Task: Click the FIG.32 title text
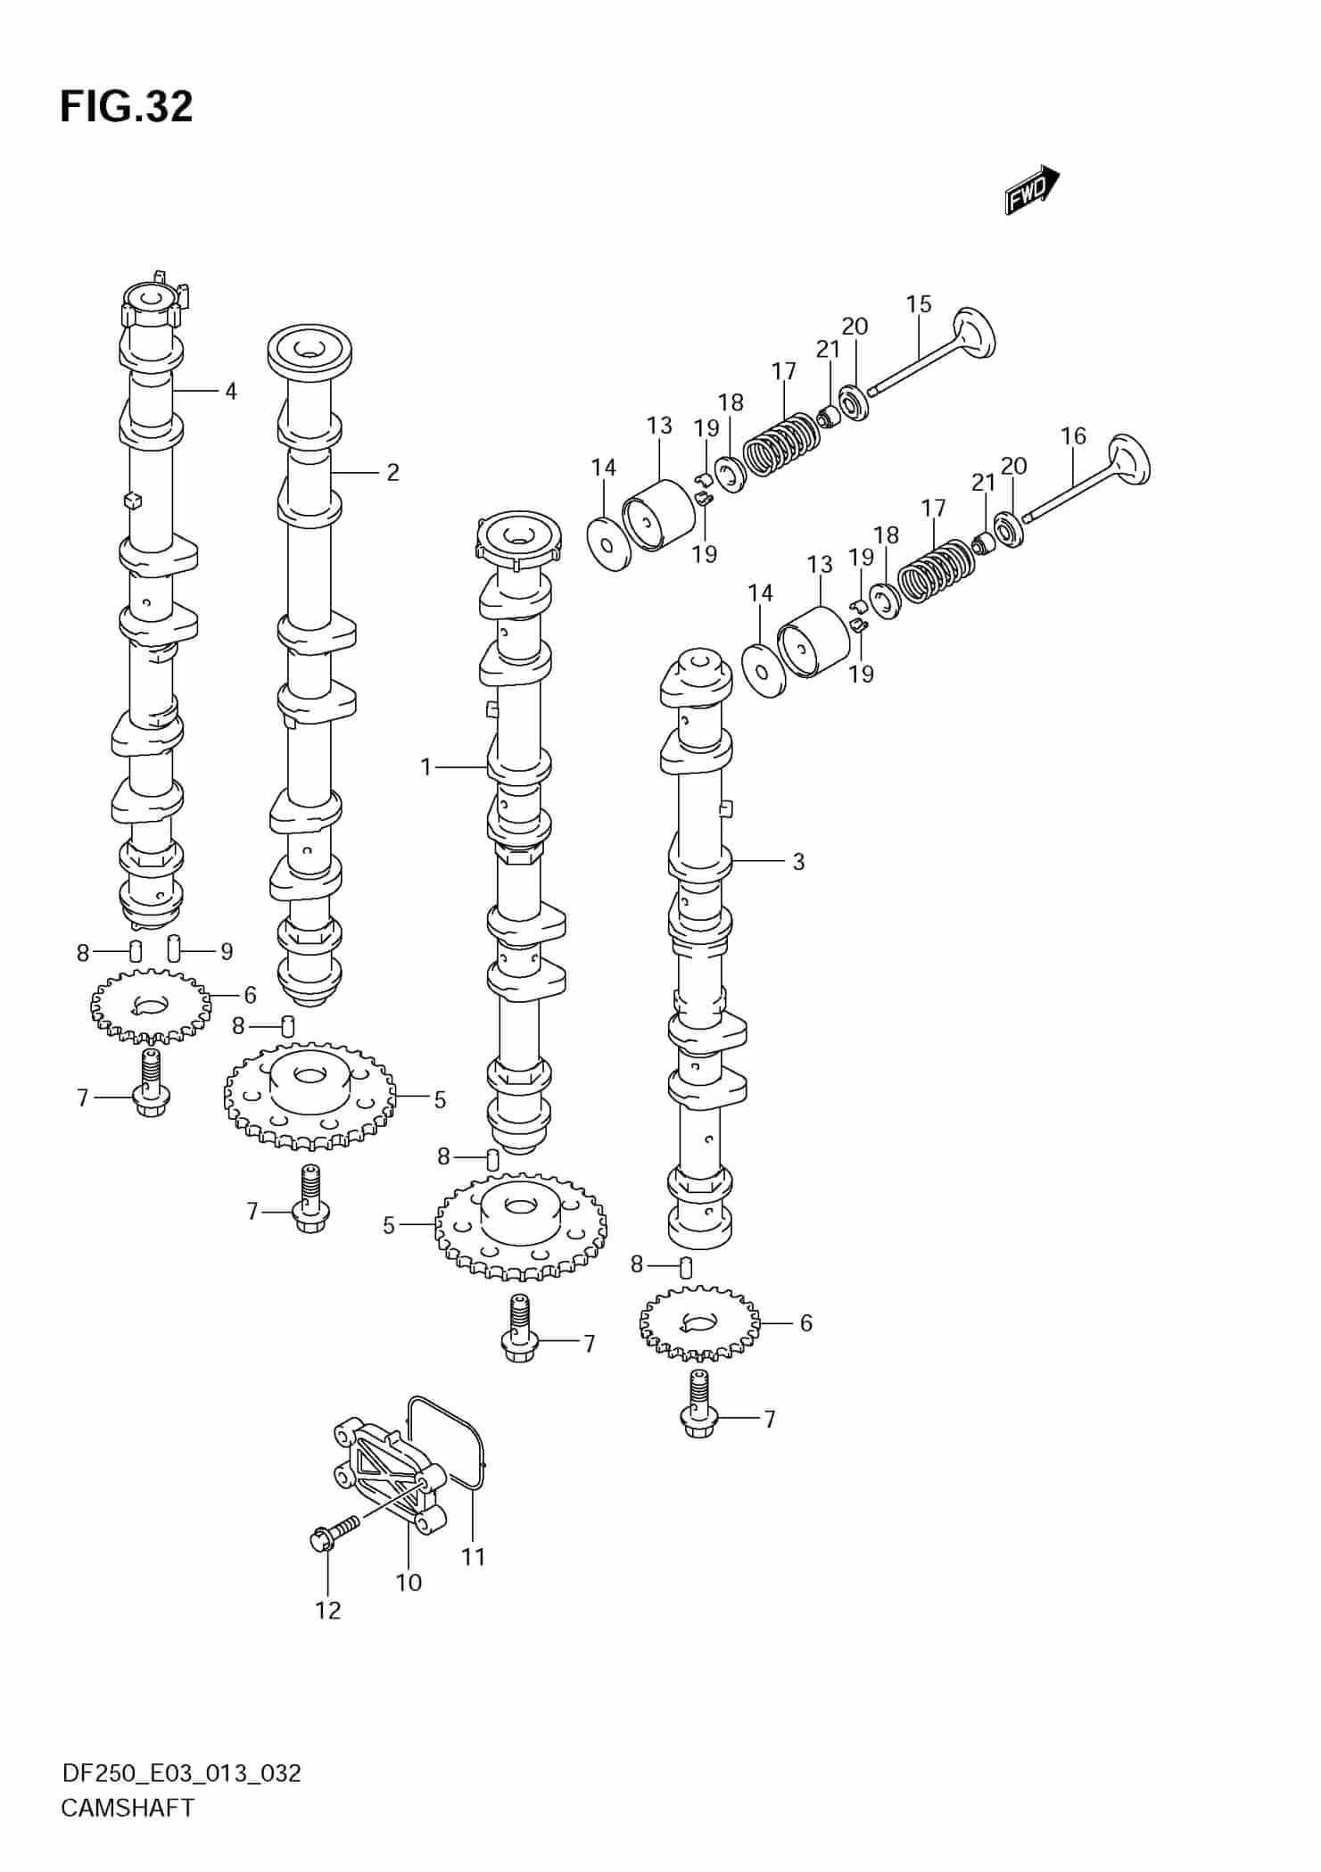pos(126,107)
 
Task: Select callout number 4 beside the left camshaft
pos(230,391)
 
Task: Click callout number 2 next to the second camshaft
pos(392,472)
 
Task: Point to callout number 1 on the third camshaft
pos(426,766)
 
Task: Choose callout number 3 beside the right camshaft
pos(797,862)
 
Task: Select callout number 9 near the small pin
pos(226,952)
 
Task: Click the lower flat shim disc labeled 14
pos(764,670)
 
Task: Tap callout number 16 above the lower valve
pos(1073,436)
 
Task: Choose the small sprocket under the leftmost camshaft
pos(151,1006)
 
